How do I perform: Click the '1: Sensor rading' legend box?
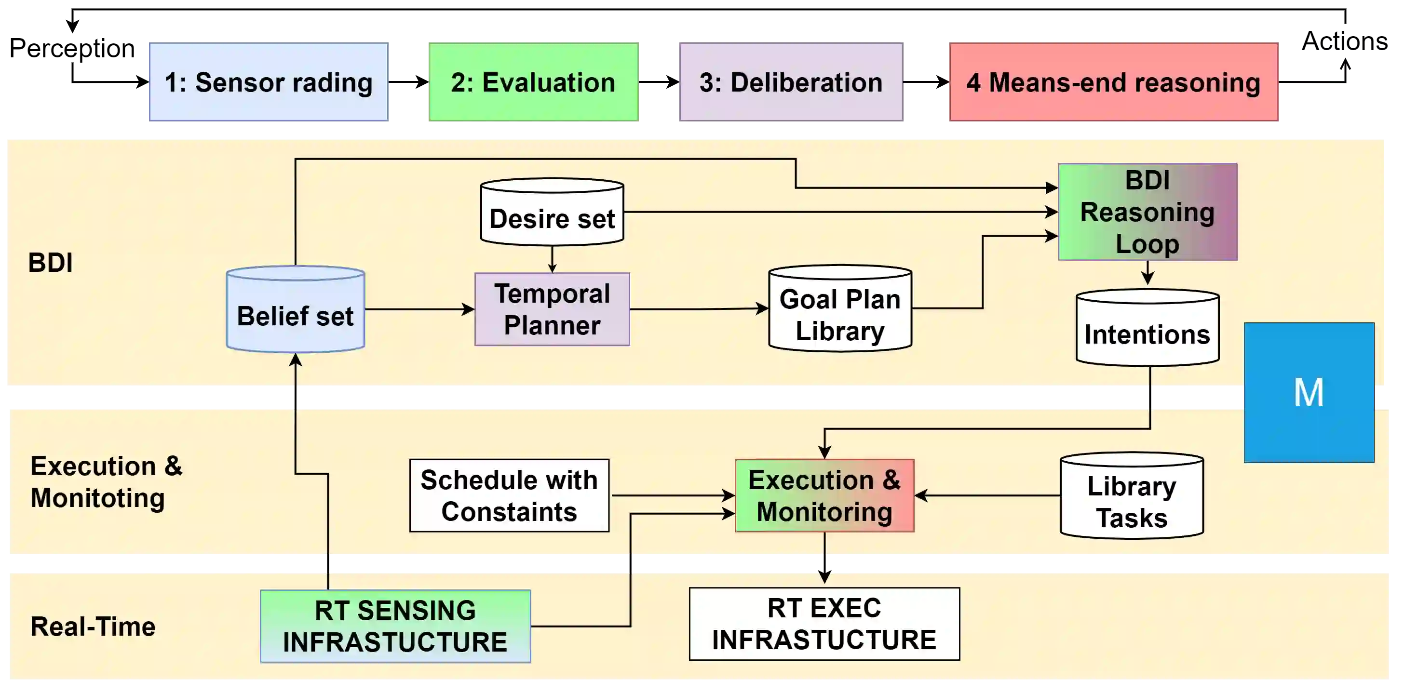(x=268, y=82)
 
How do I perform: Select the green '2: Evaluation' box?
(x=533, y=82)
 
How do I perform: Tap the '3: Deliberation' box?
(x=792, y=82)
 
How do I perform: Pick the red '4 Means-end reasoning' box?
(x=1114, y=82)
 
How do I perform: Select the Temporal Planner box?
(x=552, y=309)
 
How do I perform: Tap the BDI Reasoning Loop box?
(x=1147, y=212)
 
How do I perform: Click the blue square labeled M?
(x=1309, y=392)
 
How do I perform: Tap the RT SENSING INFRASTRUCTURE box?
(x=395, y=626)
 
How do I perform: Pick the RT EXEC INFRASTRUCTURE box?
(x=824, y=624)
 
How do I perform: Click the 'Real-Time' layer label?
(x=93, y=627)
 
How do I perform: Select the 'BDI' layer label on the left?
(x=50, y=263)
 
